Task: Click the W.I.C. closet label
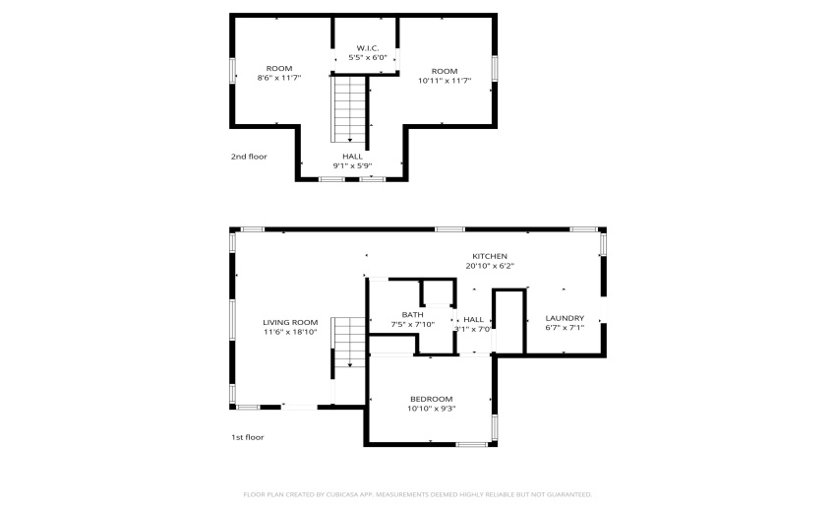(x=368, y=48)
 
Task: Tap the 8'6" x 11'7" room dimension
(x=279, y=78)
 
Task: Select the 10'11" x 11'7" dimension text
(x=445, y=81)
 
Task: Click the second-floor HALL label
(x=352, y=157)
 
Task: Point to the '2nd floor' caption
(x=249, y=157)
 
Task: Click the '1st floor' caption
(x=248, y=437)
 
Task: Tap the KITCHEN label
(x=490, y=256)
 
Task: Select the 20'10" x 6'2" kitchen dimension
(x=490, y=266)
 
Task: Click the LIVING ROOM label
(x=290, y=323)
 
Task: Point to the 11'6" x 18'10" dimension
(x=290, y=332)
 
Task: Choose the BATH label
(x=413, y=315)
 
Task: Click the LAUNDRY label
(x=565, y=318)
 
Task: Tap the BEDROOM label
(x=432, y=400)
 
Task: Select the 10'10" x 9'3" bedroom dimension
(x=432, y=409)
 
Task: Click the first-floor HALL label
(x=473, y=320)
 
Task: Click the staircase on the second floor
(x=349, y=109)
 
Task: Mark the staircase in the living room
(x=348, y=343)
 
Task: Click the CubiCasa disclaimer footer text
(x=417, y=495)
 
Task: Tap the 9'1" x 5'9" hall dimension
(x=352, y=166)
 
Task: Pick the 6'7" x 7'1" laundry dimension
(x=565, y=328)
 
